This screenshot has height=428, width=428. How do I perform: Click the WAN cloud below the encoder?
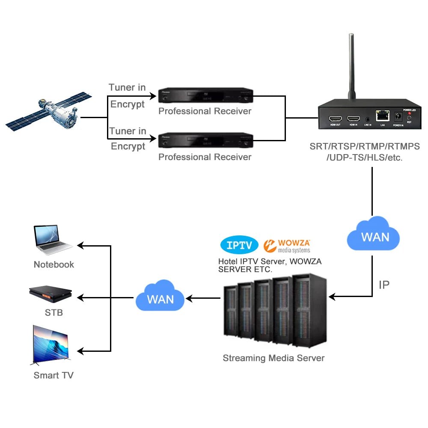point(373,235)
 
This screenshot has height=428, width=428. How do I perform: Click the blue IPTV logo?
point(239,245)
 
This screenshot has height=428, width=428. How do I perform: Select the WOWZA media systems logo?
point(288,245)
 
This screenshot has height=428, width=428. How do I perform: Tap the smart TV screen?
point(51,345)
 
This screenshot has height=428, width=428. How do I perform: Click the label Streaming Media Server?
point(273,358)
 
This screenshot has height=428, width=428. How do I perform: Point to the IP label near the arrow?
point(384,285)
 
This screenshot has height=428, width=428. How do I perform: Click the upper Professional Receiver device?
point(205,95)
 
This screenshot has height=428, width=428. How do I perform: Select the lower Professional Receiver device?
point(205,140)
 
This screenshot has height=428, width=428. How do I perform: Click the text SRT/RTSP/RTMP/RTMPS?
point(365,146)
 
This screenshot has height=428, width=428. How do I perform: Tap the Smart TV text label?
point(53,375)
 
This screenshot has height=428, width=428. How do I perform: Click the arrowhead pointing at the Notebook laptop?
point(80,245)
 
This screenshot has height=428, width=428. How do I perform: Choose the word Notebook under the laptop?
point(53,265)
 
